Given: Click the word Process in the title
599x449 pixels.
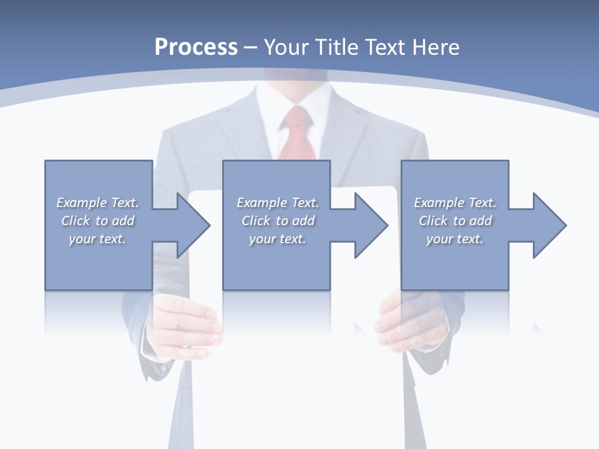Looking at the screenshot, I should (x=196, y=47).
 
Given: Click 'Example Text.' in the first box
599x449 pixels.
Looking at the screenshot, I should (x=97, y=203).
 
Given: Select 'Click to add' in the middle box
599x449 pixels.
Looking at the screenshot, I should (x=278, y=221).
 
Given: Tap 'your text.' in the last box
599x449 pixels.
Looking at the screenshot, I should (x=455, y=239).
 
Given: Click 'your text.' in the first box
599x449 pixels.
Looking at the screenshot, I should (x=97, y=239).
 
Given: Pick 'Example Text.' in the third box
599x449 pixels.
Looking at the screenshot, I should (x=455, y=203).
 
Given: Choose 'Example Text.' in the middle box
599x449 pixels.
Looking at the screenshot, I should (x=278, y=203).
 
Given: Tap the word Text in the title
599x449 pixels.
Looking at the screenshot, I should (x=387, y=47).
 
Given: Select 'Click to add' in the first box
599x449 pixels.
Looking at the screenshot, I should (x=97, y=221).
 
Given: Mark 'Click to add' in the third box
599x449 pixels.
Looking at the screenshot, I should (x=455, y=221).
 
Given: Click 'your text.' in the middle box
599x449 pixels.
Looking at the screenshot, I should (x=278, y=239).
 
